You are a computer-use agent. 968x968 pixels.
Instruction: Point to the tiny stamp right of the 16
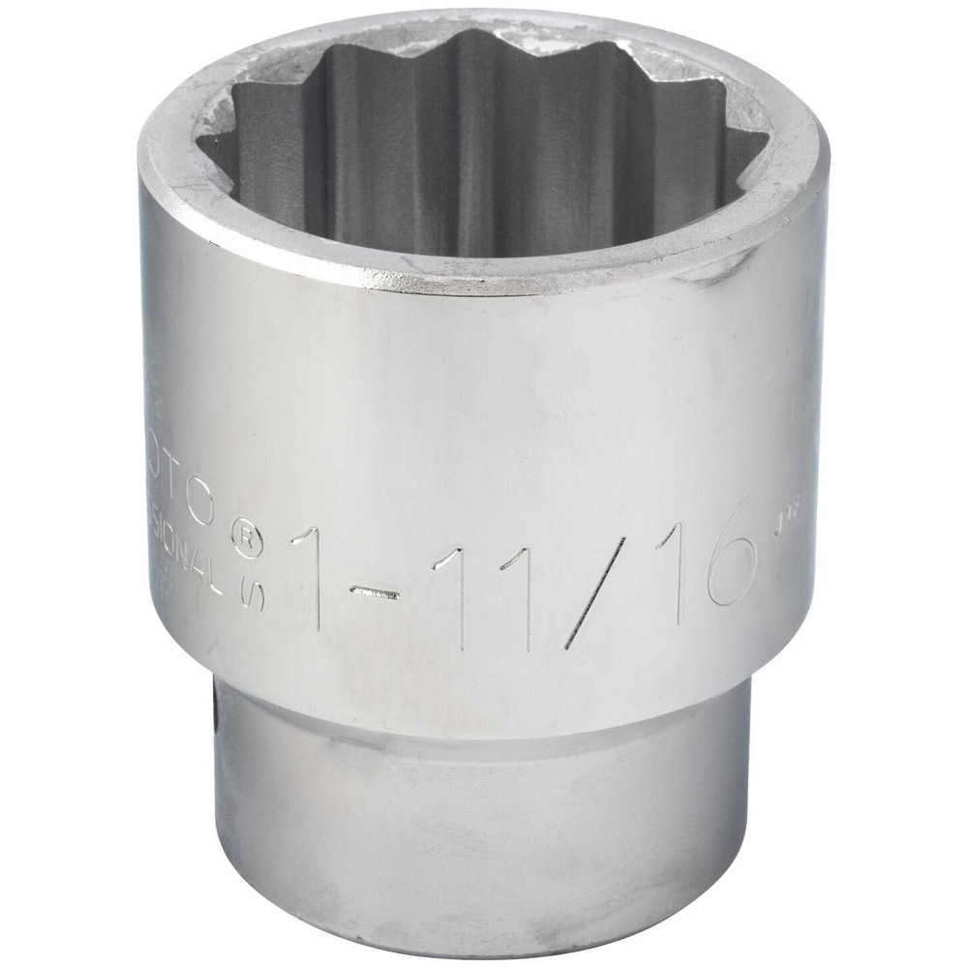tap(774, 529)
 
